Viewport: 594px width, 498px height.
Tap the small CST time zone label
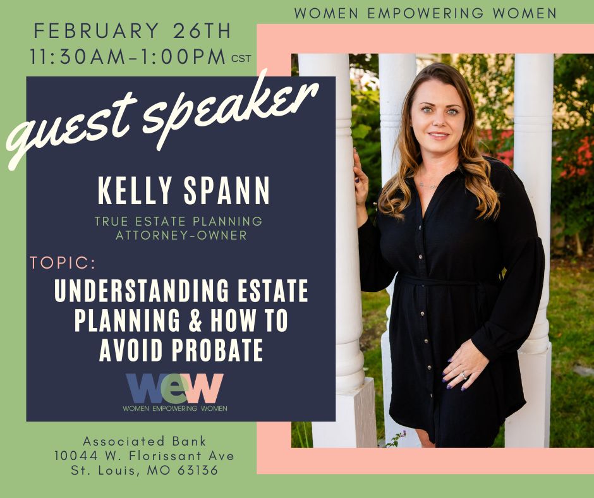[x=241, y=59]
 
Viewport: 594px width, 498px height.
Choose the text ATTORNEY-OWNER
[x=180, y=236]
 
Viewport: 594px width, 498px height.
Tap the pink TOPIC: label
[x=63, y=263]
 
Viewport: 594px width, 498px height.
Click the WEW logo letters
[x=174, y=387]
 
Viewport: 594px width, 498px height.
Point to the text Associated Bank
[x=145, y=441]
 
